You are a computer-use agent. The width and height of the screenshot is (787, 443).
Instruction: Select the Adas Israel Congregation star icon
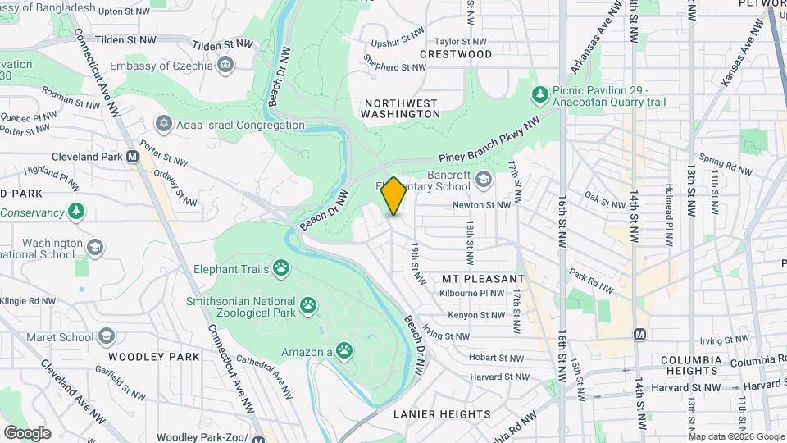pos(163,125)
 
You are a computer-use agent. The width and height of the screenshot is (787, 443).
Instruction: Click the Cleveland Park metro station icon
pos(132,157)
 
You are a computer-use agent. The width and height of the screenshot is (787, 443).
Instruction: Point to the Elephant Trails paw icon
pos(281,267)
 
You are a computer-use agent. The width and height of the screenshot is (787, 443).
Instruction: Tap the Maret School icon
pos(107,336)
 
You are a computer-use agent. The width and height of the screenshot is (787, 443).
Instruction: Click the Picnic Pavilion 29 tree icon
pos(539,95)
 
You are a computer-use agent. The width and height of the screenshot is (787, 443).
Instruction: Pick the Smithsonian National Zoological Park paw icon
pos(308,306)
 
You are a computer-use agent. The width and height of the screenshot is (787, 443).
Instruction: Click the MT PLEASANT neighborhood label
pos(483,279)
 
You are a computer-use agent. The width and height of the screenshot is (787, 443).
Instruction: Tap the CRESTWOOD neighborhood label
pos(456,54)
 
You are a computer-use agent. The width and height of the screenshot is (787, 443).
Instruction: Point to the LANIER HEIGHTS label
pos(442,414)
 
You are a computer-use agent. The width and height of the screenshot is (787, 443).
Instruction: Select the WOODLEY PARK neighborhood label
pos(153,357)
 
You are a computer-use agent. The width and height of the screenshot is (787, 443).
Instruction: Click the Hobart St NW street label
pos(496,357)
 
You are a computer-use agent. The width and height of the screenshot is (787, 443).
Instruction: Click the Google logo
pos(27,432)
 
